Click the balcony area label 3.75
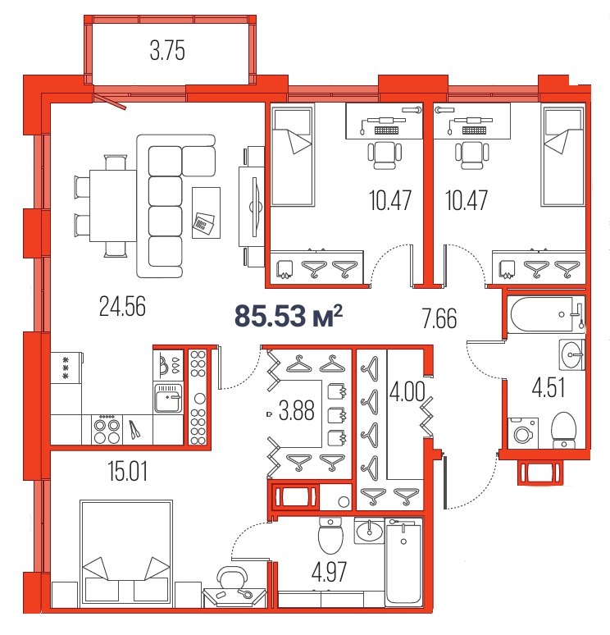click(x=167, y=51)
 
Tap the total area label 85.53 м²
click(x=289, y=316)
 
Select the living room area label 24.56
click(x=122, y=307)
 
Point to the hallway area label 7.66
click(x=439, y=318)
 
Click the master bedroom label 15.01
click(x=128, y=472)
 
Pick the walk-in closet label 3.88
click(x=297, y=411)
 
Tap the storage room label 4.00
click(x=407, y=391)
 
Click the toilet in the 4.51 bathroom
click(x=564, y=430)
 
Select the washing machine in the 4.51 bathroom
click(x=523, y=433)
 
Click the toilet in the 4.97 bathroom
click(x=330, y=536)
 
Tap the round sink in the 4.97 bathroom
click(x=369, y=531)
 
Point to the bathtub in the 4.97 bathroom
click(x=403, y=562)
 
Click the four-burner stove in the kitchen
click(x=107, y=430)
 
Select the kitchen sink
click(x=168, y=398)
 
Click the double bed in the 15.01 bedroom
click(x=126, y=553)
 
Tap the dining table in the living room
click(x=113, y=206)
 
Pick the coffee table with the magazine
click(x=207, y=212)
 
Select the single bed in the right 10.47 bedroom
click(x=563, y=156)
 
